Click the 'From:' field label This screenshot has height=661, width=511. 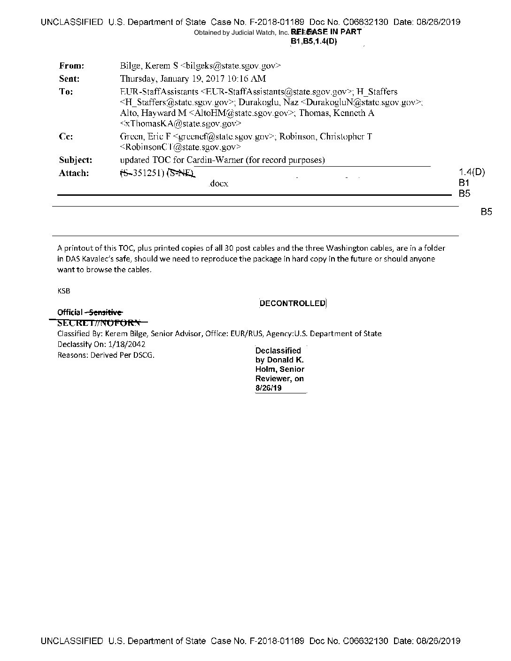point(71,66)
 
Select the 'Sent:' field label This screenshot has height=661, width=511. point(69,79)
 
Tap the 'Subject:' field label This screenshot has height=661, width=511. point(75,160)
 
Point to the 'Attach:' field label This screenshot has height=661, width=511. point(73,173)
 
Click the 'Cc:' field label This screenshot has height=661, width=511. point(65,137)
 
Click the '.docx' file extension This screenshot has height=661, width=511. point(219,184)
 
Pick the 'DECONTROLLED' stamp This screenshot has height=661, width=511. point(293,303)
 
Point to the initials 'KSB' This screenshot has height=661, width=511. point(63,291)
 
